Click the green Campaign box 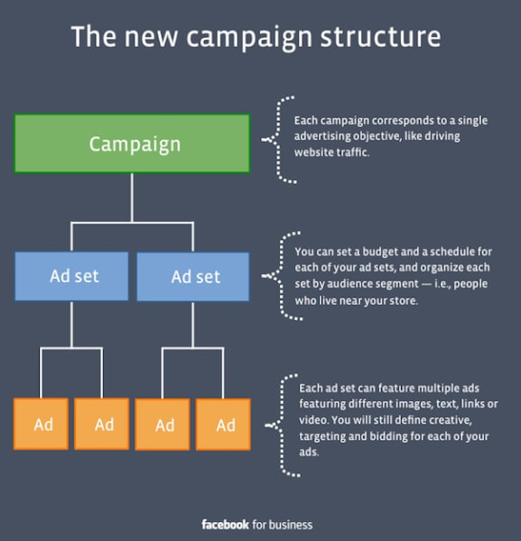tap(132, 143)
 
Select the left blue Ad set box tap(71, 276)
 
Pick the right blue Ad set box tap(193, 277)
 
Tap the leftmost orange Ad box tap(41, 424)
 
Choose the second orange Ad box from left tap(101, 424)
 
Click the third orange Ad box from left tap(163, 425)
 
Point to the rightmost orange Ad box tap(223, 425)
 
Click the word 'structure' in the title tap(380, 37)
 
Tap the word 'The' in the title tap(94, 36)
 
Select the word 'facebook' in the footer tap(225, 525)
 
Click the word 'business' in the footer tap(291, 525)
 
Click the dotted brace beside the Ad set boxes tap(281, 276)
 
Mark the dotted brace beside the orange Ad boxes tap(283, 426)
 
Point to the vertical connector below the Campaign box tap(132, 197)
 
